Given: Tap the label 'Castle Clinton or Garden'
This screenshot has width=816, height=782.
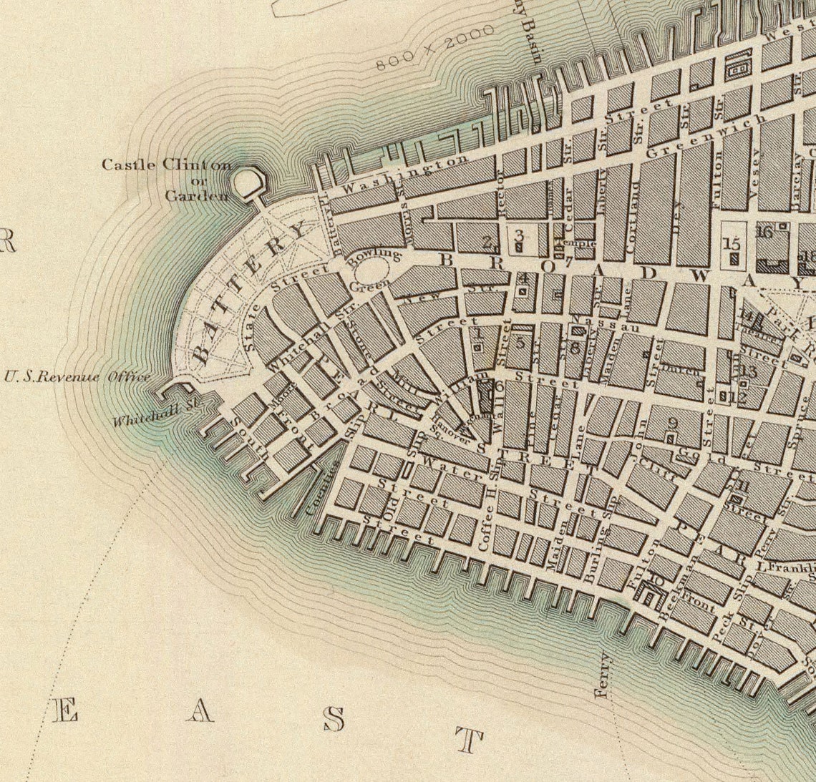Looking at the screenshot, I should click(167, 179).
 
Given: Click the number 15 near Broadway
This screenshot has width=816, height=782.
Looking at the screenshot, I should click(732, 243).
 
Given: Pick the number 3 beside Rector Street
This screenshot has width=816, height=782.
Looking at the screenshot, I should click(519, 234).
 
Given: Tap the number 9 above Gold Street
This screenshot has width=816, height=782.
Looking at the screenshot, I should click(671, 422).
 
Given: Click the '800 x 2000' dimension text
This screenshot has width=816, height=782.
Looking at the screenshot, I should click(435, 47).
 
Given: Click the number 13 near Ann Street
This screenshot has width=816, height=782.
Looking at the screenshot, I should click(749, 371).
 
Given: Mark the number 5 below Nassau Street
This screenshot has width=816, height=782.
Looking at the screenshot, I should click(520, 342).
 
